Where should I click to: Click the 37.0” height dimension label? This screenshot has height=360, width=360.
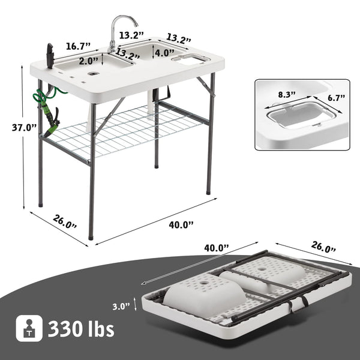25,127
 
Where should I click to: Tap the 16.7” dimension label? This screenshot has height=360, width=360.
78,46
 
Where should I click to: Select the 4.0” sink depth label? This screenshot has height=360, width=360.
164,53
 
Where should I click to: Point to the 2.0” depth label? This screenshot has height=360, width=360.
89,61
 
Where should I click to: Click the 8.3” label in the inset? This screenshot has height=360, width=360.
287,95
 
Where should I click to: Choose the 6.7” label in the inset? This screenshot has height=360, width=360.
336,98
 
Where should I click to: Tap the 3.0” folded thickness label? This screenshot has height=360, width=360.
121,306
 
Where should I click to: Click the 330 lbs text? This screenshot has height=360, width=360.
81,329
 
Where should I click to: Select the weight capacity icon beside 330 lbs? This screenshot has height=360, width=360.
29,328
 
